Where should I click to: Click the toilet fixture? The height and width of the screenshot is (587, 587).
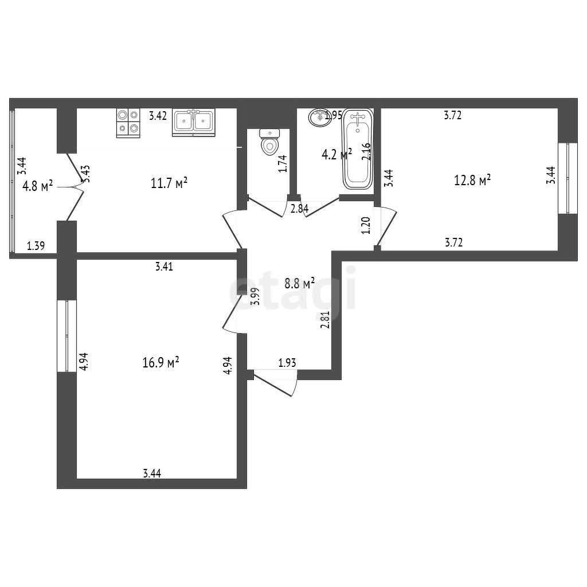click(x=269, y=142)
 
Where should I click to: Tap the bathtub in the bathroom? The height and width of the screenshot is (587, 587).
click(x=358, y=150)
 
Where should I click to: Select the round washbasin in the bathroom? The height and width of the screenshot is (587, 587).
click(x=319, y=117)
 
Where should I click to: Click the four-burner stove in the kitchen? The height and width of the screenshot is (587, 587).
click(x=128, y=123)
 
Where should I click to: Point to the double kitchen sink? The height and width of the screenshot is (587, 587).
click(x=194, y=122)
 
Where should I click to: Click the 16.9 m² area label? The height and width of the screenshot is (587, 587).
click(x=161, y=362)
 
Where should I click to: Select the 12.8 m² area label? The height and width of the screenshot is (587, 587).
click(x=472, y=180)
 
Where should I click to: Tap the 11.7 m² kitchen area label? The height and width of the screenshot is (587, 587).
click(x=169, y=183)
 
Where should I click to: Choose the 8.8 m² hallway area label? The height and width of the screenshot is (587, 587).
click(x=299, y=283)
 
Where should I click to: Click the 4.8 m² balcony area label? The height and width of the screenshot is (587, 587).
click(x=37, y=186)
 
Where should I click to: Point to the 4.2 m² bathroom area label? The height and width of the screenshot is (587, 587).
click(x=336, y=154)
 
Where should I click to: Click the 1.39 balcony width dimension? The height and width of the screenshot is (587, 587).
click(x=36, y=246)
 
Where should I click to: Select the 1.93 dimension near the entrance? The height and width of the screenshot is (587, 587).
click(x=287, y=363)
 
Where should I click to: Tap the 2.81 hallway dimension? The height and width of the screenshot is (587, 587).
click(x=326, y=320)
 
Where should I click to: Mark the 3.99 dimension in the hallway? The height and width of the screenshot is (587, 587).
click(x=256, y=297)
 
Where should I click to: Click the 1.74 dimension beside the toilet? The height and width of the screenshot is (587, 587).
click(x=283, y=163)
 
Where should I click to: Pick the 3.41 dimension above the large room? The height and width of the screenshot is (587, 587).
click(x=164, y=267)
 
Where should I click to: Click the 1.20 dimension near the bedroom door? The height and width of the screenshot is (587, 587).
click(x=366, y=225)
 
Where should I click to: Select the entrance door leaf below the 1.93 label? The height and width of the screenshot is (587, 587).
click(x=272, y=383)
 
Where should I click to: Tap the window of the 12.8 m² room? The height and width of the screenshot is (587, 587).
click(x=568, y=178)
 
